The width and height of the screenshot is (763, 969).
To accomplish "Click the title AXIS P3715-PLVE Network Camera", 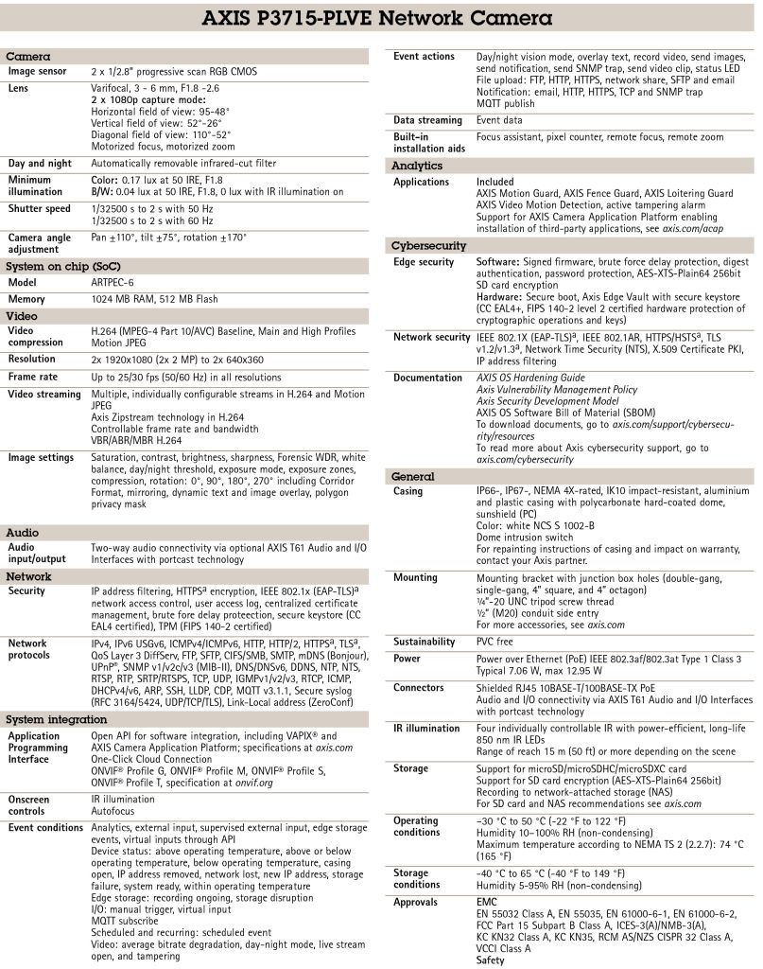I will click(381, 19).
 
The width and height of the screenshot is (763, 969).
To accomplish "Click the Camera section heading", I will click(28, 58).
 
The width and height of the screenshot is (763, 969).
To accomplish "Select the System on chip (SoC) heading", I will click(63, 268).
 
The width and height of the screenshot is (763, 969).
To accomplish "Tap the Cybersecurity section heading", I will click(428, 246).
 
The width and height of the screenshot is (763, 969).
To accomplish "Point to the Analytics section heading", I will click(418, 166).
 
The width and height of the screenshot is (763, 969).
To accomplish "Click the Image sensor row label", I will click(39, 72).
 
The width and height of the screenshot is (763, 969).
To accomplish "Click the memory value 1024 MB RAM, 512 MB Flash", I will click(154, 299).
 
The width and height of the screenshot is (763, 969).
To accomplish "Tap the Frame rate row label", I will click(35, 377).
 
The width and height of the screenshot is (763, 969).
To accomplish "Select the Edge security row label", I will click(424, 262).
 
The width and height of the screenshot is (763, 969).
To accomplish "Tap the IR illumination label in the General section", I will click(426, 728).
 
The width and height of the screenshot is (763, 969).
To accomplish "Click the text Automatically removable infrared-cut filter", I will click(185, 163).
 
